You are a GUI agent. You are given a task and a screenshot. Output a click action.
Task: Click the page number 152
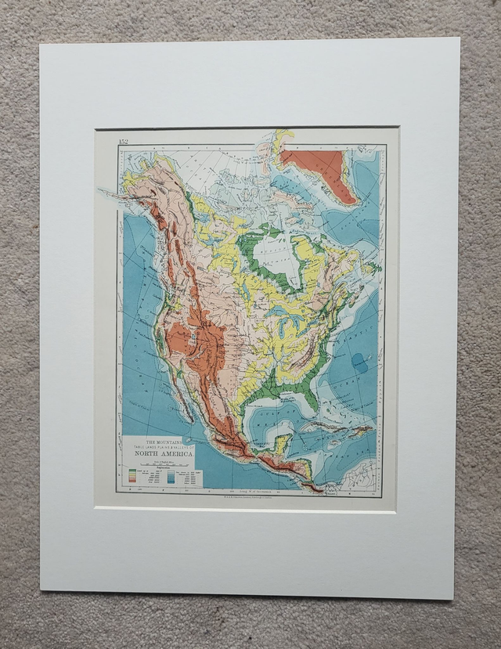(x=123, y=142)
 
